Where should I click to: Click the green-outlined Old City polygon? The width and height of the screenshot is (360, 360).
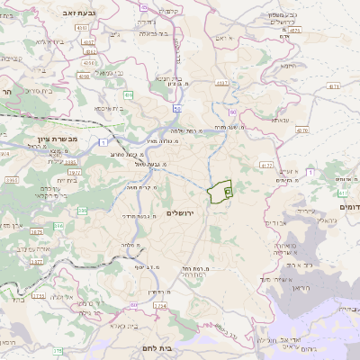click(x=220, y=192)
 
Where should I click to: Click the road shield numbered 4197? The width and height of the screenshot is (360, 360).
click(x=88, y=40)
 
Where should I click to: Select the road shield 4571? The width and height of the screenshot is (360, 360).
click(x=294, y=31)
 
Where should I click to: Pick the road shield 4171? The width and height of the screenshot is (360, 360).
click(x=334, y=86)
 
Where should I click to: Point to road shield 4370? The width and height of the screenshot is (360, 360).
click(x=301, y=130)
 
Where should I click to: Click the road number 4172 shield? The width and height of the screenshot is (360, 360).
click(x=265, y=166)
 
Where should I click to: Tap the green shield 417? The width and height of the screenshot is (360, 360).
click(x=343, y=193)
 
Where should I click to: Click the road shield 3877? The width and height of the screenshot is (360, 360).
click(x=37, y=261)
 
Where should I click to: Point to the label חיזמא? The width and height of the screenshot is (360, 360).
click(x=287, y=65)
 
